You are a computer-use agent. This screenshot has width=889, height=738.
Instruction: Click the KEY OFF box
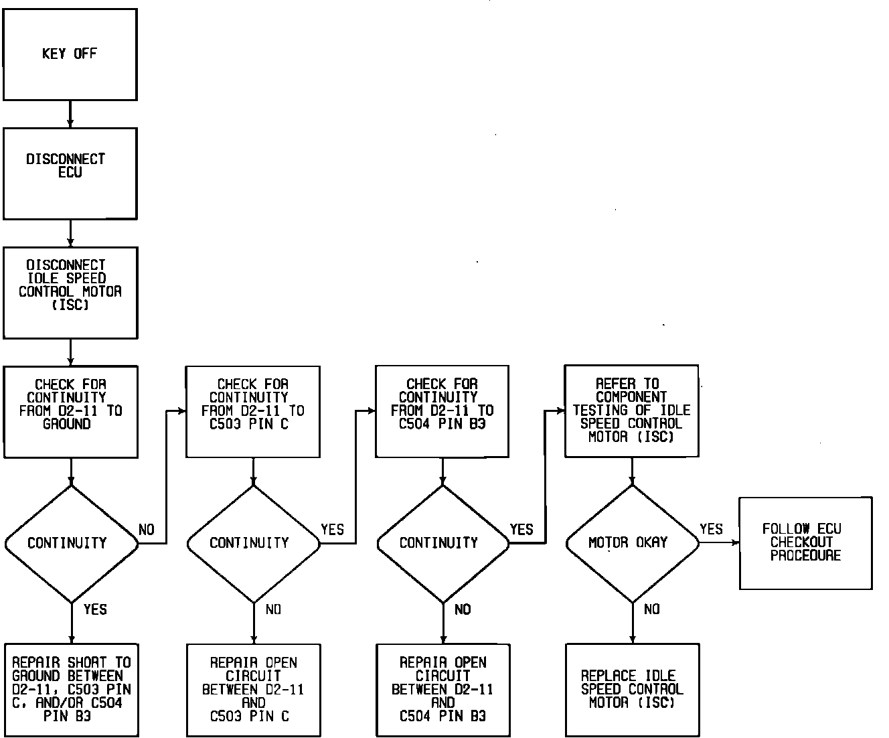coord(70,54)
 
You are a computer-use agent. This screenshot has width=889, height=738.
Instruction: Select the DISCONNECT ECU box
coord(70,173)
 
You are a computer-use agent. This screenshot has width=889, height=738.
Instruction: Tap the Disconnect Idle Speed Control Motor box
coord(70,293)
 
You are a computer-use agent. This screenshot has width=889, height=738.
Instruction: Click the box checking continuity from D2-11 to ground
coord(70,411)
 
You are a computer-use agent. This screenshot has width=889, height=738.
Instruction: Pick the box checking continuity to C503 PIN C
coord(252,411)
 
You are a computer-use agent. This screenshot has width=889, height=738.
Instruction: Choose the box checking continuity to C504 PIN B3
coord(442,411)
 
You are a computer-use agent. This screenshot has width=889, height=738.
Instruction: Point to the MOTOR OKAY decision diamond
coord(632,543)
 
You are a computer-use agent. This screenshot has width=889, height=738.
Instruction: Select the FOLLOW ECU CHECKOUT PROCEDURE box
coord(805,543)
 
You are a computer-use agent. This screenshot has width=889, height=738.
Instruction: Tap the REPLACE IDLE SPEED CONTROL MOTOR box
coord(632,690)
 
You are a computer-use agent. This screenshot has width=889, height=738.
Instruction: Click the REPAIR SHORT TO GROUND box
coord(70,690)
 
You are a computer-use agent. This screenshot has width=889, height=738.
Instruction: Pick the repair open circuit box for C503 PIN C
coord(253,690)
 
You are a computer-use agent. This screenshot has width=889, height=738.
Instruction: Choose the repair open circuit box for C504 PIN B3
coord(442,690)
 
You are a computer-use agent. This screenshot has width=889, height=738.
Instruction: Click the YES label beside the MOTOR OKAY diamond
coord(711,530)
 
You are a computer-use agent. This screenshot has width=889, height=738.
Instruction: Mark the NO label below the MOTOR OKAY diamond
coord(651,609)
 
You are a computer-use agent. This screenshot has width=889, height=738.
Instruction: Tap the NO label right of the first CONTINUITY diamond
coord(147,530)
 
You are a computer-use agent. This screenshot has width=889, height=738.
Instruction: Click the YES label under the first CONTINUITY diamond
coord(95,609)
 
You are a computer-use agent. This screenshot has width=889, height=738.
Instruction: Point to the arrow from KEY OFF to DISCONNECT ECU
coord(70,115)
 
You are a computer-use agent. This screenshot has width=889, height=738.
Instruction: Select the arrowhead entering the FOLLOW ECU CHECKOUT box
coord(736,543)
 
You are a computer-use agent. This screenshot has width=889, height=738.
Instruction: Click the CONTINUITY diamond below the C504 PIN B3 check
coord(442,543)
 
